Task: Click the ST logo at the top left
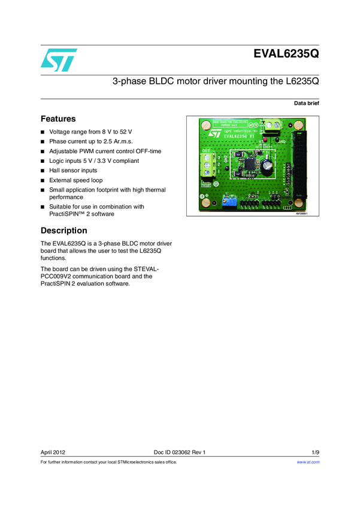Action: [59, 59]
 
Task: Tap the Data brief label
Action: [306, 104]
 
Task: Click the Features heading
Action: [58, 119]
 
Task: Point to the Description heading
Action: [63, 231]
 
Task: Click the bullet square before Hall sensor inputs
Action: [43, 171]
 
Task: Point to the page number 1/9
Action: [315, 452]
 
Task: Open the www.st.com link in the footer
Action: [308, 462]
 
